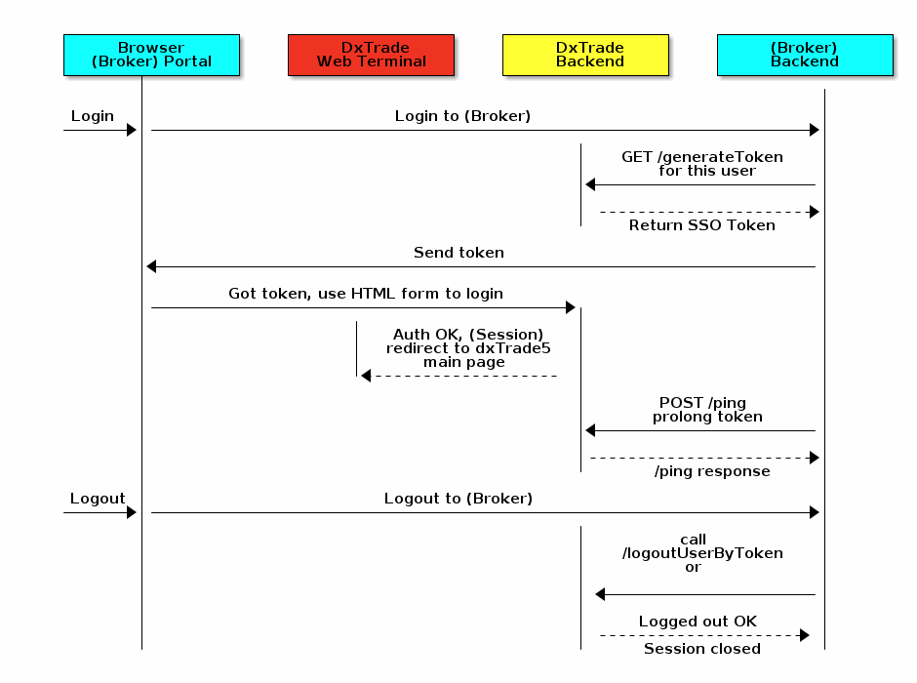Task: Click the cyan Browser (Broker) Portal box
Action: [x=151, y=55]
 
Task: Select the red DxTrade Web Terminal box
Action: [x=371, y=55]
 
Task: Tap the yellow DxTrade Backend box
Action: [x=585, y=55]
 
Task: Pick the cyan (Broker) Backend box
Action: [x=804, y=55]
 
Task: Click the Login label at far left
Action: [x=93, y=116]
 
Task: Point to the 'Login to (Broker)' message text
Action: [x=462, y=116]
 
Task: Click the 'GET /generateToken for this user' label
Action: [x=702, y=164]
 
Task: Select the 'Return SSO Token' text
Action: [x=702, y=225]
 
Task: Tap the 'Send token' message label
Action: [x=458, y=253]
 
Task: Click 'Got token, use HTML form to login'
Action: [x=366, y=294]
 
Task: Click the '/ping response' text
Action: [x=712, y=471]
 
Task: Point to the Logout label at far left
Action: [x=98, y=499]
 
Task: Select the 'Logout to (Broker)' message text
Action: [x=458, y=499]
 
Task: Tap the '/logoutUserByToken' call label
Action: [x=702, y=553]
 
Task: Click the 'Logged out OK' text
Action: [x=698, y=622]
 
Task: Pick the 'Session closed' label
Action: [x=702, y=649]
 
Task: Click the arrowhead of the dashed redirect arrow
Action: [x=366, y=376]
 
